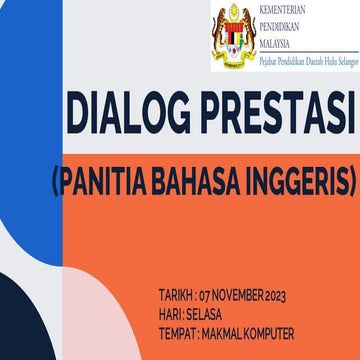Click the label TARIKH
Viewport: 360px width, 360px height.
pyautogui.click(x=175, y=296)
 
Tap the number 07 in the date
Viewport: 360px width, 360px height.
pyautogui.click(x=207, y=296)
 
